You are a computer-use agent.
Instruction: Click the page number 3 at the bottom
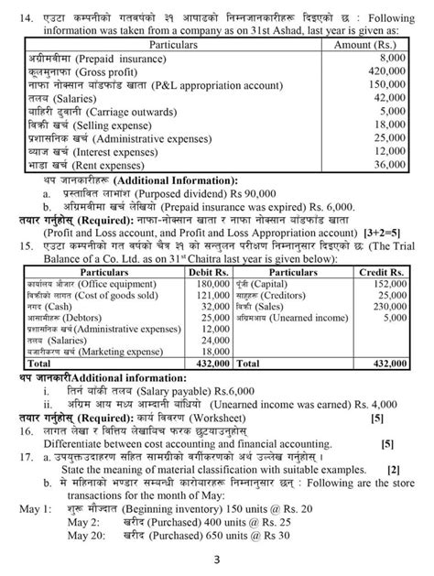tap(216, 560)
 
